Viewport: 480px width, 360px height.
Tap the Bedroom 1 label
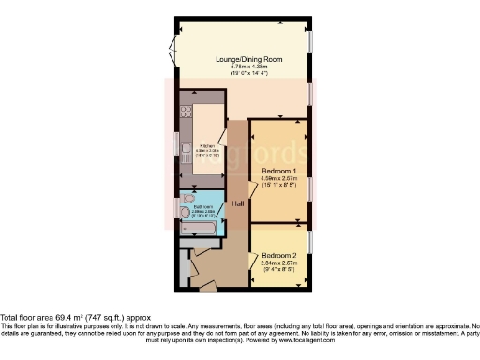pyautogui.click(x=279, y=172)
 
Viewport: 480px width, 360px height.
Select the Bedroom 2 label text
pyautogui.click(x=279, y=256)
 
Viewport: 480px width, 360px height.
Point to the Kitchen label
pyautogui.click(x=208, y=146)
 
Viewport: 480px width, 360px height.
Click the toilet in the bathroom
pyautogui.click(x=188, y=199)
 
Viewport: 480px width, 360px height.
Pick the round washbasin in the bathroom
pyautogui.click(x=185, y=213)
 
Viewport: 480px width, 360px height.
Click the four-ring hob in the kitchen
pyautogui.click(x=185, y=111)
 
